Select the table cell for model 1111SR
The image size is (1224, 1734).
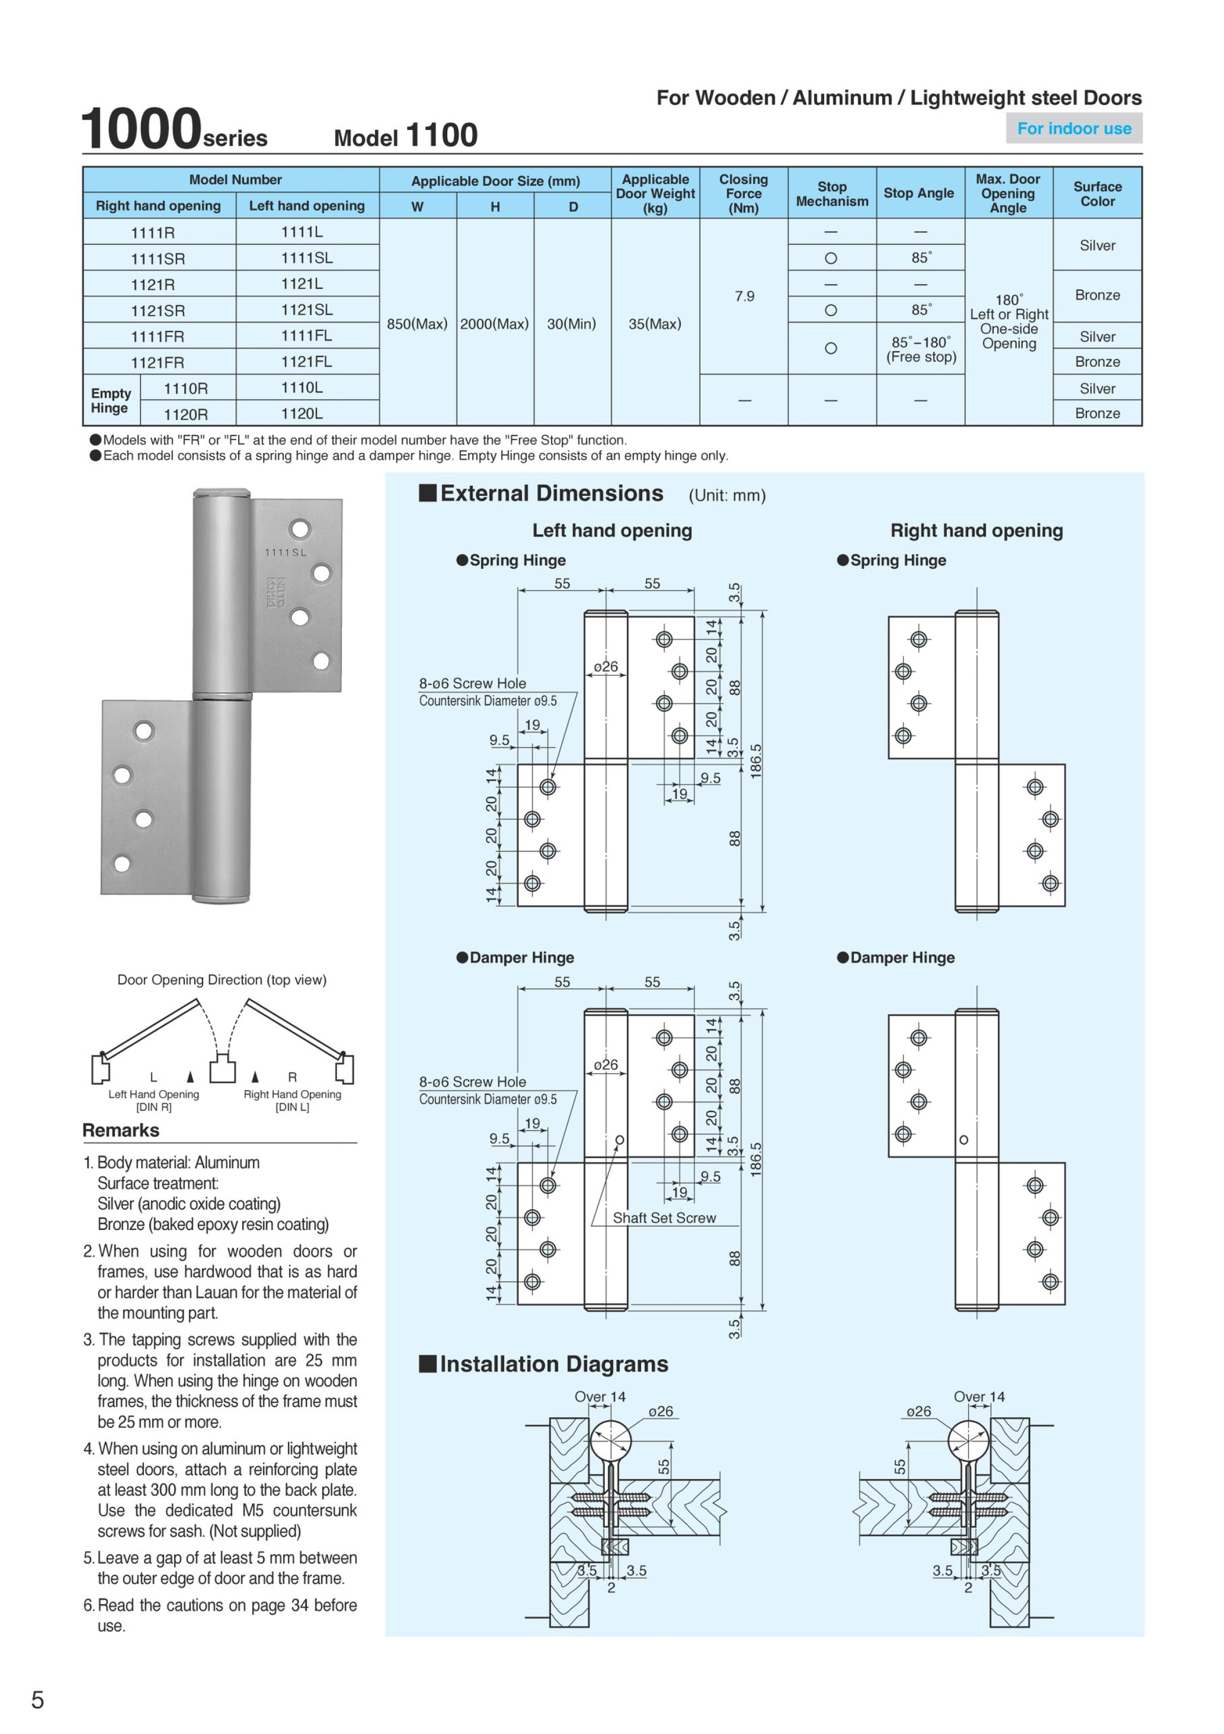pos(158,258)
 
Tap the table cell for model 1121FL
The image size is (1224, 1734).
pos(307,362)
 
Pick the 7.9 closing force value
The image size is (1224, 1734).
pos(744,296)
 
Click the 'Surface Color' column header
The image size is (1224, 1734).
pos(1097,193)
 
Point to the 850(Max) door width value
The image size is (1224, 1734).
pos(417,324)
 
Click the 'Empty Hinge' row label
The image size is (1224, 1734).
pos(111,400)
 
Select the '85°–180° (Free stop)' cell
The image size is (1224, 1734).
pos(920,349)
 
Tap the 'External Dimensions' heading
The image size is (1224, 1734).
pos(551,493)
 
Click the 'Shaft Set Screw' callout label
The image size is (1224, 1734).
pos(664,1218)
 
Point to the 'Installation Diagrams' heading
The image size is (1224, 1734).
pos(554,1364)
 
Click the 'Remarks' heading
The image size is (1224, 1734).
pos(121,1130)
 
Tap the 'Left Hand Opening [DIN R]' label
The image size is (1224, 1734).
pos(154,1100)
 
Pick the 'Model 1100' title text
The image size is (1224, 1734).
pos(406,136)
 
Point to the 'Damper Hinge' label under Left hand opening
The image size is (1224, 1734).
pos(522,957)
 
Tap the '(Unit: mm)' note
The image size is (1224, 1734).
pos(727,495)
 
